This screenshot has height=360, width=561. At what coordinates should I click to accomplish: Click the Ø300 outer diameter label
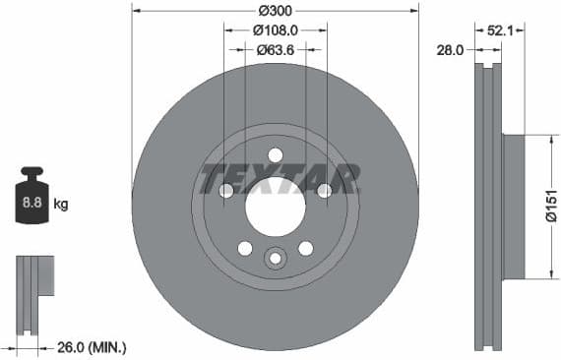276,10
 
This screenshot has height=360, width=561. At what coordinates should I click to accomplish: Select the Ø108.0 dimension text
276,30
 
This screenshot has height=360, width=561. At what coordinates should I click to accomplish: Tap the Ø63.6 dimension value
276,49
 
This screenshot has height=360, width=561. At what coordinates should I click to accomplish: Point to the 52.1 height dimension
501,30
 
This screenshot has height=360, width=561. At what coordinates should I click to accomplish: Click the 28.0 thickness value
452,49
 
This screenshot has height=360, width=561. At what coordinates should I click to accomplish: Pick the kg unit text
61,205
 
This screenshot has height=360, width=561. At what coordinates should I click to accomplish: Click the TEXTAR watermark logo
280,180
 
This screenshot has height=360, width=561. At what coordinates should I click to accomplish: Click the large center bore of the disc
275,206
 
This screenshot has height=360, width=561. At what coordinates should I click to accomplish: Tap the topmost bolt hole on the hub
276,154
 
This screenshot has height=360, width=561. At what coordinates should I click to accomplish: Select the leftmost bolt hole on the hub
226,191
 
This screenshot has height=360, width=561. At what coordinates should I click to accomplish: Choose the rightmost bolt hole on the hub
324,191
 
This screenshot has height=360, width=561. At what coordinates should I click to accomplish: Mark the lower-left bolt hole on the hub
245,248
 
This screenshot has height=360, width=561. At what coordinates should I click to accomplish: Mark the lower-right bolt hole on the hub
305,248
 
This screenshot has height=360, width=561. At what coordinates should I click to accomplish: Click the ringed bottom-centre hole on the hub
276,258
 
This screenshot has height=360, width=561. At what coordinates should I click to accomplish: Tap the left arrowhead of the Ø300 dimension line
136,11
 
